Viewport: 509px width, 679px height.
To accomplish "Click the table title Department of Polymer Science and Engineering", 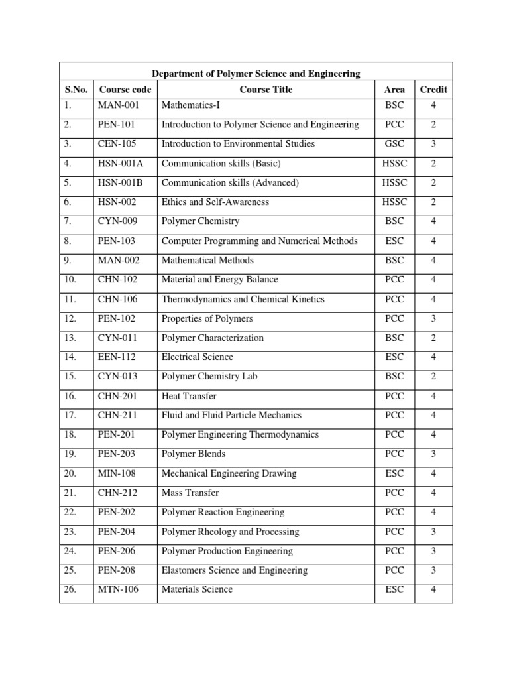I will [256, 74].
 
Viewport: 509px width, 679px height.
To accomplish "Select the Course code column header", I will [125, 90].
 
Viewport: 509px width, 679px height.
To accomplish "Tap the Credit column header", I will [433, 90].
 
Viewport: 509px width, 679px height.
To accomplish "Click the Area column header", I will [394, 90].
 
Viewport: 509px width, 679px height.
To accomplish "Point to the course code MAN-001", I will [119, 105].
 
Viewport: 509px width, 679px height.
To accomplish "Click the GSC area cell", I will [394, 144].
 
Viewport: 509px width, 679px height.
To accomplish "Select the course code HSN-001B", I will [121, 183].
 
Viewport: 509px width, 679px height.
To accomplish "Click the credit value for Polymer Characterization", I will [433, 338].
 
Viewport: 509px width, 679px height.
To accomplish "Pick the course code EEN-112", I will [118, 357].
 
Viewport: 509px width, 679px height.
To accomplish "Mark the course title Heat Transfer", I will [189, 397].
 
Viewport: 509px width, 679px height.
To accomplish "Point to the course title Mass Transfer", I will [190, 493].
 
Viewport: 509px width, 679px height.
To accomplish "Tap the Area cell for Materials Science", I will [394, 589].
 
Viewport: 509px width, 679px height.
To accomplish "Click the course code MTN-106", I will [119, 589].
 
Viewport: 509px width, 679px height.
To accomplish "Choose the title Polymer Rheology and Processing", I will [230, 532].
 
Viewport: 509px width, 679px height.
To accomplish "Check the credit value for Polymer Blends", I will [433, 454].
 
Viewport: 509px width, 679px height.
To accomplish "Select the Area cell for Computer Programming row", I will [394, 241].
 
